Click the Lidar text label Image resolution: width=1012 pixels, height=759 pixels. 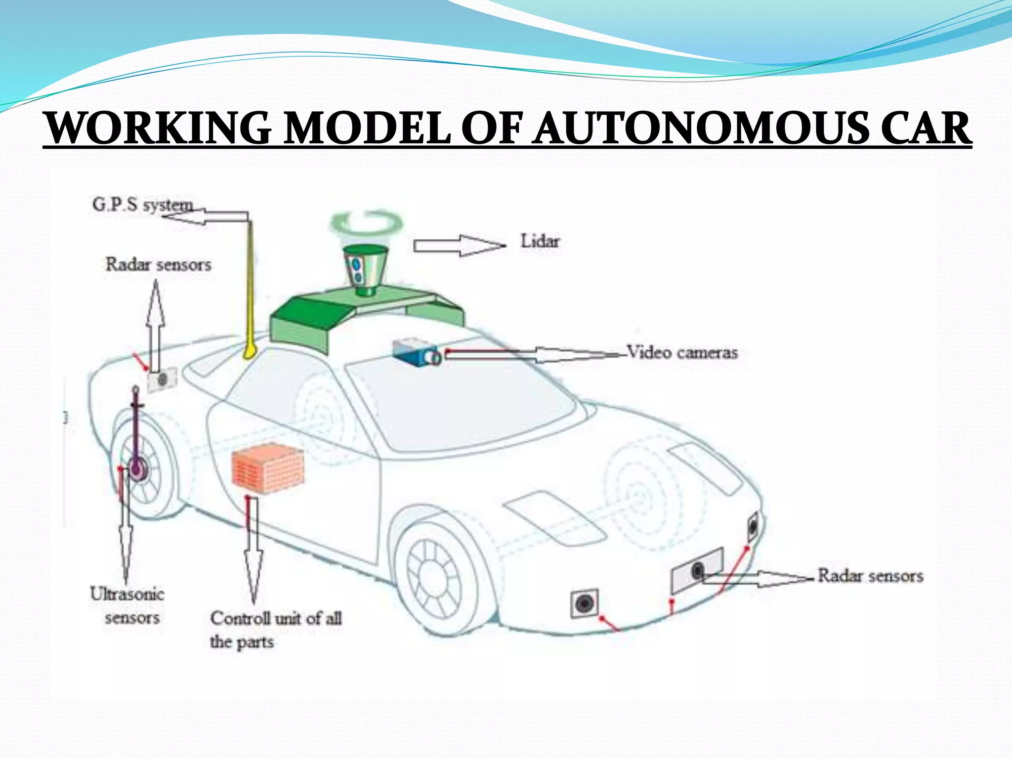[x=540, y=242]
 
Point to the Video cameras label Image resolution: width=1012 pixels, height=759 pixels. [x=682, y=353]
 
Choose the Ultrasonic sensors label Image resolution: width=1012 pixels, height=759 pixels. [x=128, y=605]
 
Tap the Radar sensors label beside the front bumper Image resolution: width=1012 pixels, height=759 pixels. [x=870, y=576]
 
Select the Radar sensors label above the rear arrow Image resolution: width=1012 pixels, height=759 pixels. [x=158, y=264]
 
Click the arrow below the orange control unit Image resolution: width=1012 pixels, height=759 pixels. [x=253, y=548]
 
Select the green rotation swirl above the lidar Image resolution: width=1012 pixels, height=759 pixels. [x=366, y=222]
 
